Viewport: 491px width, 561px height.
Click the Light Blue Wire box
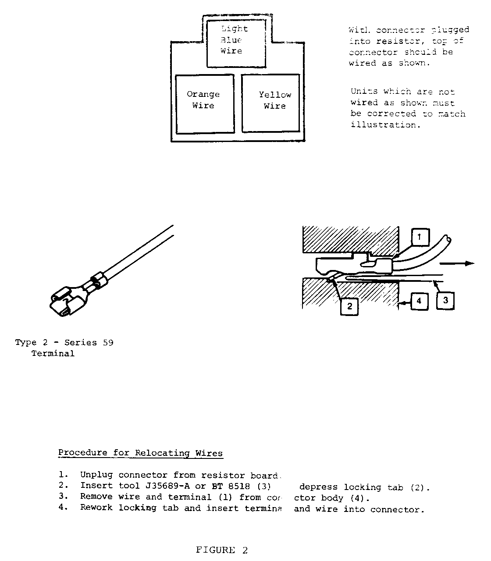[x=236, y=43]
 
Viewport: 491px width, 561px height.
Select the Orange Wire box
[x=204, y=103]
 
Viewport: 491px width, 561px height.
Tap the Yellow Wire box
[x=270, y=103]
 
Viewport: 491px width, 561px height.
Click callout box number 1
[x=419, y=238]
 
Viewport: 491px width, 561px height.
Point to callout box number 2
[x=349, y=306]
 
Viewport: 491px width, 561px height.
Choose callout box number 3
[x=445, y=301]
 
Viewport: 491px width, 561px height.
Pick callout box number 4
[x=419, y=301]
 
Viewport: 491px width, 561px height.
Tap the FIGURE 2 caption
[x=222, y=550]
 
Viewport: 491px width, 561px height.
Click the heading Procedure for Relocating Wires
[x=140, y=453]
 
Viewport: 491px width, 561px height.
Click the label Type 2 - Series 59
[x=64, y=343]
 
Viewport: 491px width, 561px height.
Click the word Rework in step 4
[x=96, y=508]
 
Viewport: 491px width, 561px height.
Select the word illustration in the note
[x=385, y=125]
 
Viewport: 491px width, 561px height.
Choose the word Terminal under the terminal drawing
[x=53, y=354]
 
